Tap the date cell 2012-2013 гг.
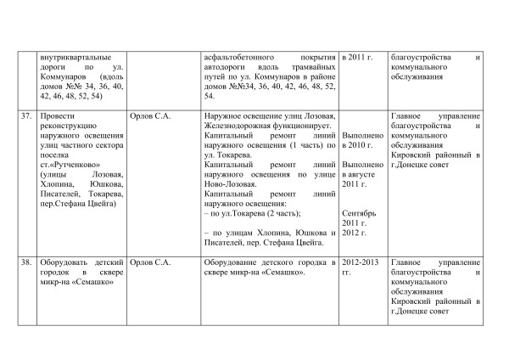pos(358,268)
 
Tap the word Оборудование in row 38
pos(232,263)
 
